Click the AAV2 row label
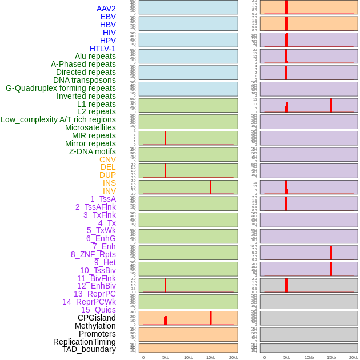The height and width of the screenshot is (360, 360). pos(106,9)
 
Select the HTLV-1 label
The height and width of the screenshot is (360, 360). pos(102,49)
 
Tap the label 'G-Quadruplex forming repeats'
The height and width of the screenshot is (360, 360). pos(61,88)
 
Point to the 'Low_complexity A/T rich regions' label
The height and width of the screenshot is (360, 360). pos(58,119)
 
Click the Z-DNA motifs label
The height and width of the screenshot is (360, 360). pos(93,151)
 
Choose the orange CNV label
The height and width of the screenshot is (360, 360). pos(107,159)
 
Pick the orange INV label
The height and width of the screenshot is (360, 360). pos(109,191)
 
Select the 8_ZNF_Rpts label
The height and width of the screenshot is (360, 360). pos(93,254)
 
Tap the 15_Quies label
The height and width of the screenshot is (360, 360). pos(98,310)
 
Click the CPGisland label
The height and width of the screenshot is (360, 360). pos(97,318)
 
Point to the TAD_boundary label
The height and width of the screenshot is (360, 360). pos(89,349)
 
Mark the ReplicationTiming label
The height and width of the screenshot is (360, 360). pos(85,342)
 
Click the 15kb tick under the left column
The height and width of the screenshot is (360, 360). pos(211,357)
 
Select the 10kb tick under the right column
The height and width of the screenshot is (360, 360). pos(309,357)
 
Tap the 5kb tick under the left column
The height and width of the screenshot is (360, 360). pos(166,357)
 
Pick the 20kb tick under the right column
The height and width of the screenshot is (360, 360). pos(354,357)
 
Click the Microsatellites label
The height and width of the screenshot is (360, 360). pos(90,127)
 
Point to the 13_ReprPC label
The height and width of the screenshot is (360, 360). pos(94,294)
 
